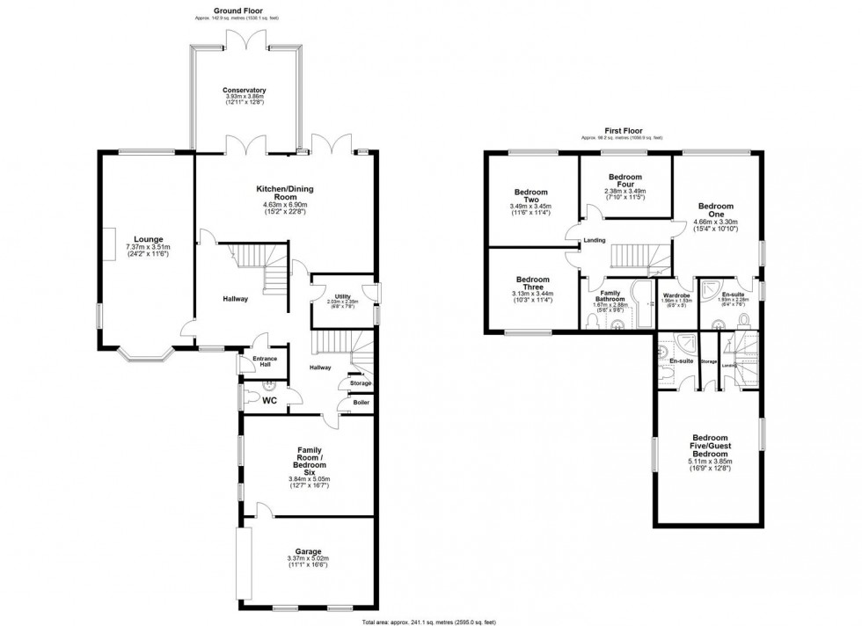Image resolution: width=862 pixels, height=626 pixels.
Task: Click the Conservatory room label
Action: coord(244,91)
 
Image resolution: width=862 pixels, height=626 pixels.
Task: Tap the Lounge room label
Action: coord(148,238)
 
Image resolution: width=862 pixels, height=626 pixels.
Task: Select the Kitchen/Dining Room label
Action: coord(284,189)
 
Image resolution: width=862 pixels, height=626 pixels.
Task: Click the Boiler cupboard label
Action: coord(361,403)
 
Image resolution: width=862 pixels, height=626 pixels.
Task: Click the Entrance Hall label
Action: coord(264,363)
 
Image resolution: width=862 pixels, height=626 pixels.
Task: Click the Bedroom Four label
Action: coord(625,176)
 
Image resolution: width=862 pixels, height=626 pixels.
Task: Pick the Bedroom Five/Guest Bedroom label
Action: coord(709,443)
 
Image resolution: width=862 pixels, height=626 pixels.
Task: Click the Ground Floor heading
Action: coord(215,11)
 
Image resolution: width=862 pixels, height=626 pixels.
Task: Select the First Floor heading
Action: coord(621,129)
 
